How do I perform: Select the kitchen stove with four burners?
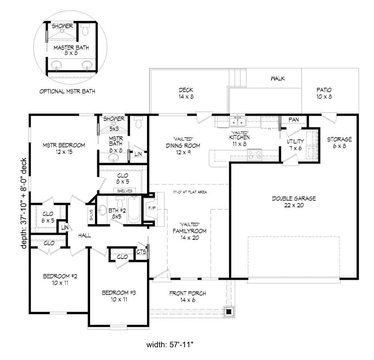[x=255, y=153]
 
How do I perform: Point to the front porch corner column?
[x=229, y=311]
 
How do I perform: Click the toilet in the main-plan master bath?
[x=139, y=123]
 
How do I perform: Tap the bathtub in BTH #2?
[x=134, y=210]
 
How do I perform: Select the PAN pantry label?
[x=294, y=120]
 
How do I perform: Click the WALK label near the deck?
[x=278, y=78]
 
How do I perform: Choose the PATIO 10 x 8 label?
[x=324, y=93]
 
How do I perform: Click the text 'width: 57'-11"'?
[x=180, y=343]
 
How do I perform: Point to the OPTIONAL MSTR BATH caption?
[x=67, y=91]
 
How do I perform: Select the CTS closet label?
[x=141, y=252]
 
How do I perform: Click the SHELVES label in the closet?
[x=125, y=190]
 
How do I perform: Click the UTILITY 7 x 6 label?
[x=295, y=145]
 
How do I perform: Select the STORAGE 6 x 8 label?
[x=339, y=143]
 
